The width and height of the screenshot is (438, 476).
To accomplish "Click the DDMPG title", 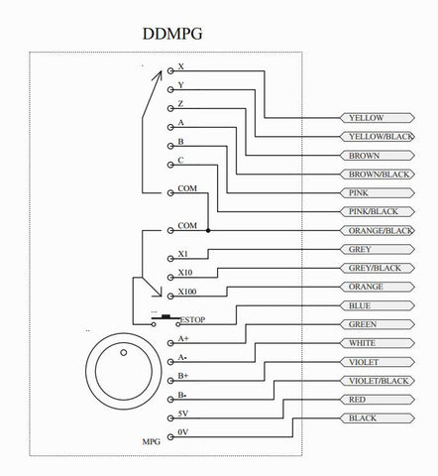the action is tap(172, 34).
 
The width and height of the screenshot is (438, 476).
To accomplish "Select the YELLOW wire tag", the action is tap(378, 118).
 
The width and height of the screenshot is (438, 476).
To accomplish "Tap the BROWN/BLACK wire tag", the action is tap(378, 175).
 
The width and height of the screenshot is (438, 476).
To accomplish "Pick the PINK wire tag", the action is tap(378, 193).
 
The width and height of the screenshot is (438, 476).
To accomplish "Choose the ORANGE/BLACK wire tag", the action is tap(378, 230).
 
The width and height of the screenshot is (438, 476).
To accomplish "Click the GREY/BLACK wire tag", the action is tap(378, 268).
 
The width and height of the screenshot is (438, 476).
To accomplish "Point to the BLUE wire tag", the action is tap(378, 305).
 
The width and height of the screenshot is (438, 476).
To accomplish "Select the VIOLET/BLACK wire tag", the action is tap(378, 381).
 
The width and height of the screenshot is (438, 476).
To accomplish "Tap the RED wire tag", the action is tap(378, 400).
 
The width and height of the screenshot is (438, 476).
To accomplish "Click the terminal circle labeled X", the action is tap(170, 70).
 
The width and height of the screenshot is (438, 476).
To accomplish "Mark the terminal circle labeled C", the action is tap(170, 165).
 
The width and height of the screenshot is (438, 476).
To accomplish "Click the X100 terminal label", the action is tap(187, 292).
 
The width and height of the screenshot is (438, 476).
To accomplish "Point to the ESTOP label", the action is tap(193, 319).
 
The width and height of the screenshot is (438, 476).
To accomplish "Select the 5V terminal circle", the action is tap(170, 418).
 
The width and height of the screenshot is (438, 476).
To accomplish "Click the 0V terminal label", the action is tap(183, 432).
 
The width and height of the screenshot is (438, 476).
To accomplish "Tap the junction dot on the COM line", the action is tap(208, 230).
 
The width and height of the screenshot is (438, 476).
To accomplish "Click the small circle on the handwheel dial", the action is tap(124, 353).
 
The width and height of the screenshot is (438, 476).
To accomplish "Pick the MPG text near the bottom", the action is tap(152, 441).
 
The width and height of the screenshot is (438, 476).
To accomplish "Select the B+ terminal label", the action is tap(183, 376).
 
